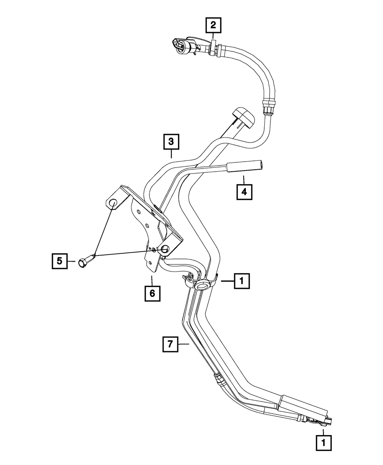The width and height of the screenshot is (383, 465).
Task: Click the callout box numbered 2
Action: point(213,26)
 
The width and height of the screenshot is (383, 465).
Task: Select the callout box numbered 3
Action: point(171,141)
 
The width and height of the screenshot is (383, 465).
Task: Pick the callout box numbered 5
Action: point(59,261)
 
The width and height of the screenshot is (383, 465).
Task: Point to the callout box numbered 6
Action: point(152,293)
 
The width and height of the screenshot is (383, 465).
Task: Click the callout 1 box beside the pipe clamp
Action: point(241,282)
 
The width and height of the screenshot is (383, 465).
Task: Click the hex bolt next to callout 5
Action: point(85,262)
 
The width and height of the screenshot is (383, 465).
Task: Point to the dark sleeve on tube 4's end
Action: point(246,167)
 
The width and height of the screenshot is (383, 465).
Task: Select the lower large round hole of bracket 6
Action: point(165,249)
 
